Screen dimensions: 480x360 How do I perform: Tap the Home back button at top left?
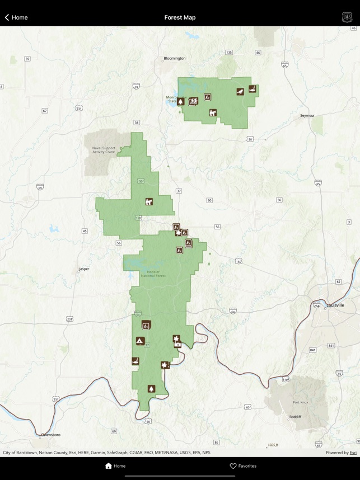tap(16, 17)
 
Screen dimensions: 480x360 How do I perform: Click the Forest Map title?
tap(180, 17)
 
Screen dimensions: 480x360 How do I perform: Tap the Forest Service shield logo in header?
tap(347, 17)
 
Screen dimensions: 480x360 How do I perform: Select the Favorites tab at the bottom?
tap(243, 465)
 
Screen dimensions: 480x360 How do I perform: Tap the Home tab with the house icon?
tap(115, 465)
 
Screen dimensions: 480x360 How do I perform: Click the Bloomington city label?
tap(174, 58)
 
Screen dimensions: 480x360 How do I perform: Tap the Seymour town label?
tap(307, 115)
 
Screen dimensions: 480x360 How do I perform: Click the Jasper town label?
tap(84, 269)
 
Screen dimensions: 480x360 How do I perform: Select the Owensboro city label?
tap(50, 435)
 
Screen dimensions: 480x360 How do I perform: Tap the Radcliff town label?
tap(295, 417)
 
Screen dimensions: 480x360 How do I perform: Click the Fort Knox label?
tap(300, 402)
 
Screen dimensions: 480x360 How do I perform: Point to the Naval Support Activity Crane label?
tap(103, 150)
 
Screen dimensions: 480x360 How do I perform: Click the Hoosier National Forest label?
tap(153, 274)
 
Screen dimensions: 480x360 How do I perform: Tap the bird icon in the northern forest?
tap(240, 92)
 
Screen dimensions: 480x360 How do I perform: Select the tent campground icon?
tap(140, 341)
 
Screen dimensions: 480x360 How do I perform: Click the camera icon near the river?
tap(178, 345)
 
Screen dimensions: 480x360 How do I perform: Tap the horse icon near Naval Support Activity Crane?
tap(149, 202)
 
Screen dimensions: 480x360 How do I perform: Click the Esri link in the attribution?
tap(353, 453)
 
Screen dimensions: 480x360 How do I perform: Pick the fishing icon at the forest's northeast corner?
tap(253, 88)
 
